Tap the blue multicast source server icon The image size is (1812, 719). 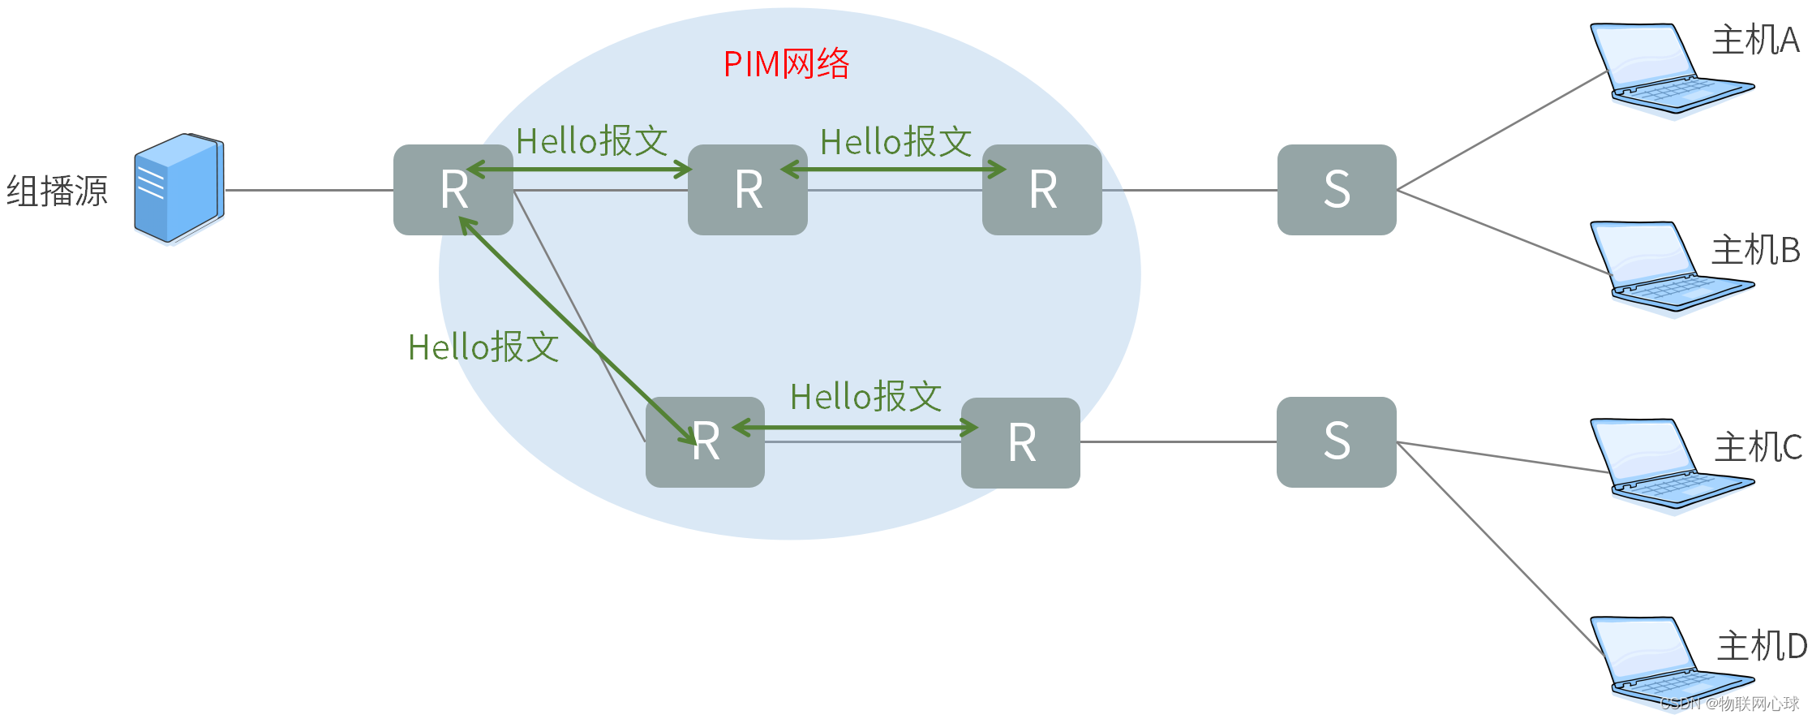click(x=179, y=188)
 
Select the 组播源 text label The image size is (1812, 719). click(x=57, y=192)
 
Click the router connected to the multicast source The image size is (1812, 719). click(x=453, y=190)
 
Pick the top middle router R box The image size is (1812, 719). click(x=747, y=190)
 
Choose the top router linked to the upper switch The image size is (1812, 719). click(x=1041, y=190)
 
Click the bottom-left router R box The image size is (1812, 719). click(x=705, y=442)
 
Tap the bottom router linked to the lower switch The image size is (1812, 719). click(x=1020, y=443)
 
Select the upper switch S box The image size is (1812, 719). click(x=1337, y=190)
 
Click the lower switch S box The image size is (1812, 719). click(x=1337, y=442)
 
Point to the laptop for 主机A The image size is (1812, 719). click(x=1663, y=69)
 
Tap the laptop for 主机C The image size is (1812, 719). click(x=1663, y=464)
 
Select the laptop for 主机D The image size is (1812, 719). click(x=1663, y=661)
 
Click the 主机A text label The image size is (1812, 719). click(x=1755, y=40)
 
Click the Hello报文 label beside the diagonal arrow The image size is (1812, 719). click(x=483, y=347)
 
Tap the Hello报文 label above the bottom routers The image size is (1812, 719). click(x=865, y=397)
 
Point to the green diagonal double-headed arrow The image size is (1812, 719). click(x=578, y=331)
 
